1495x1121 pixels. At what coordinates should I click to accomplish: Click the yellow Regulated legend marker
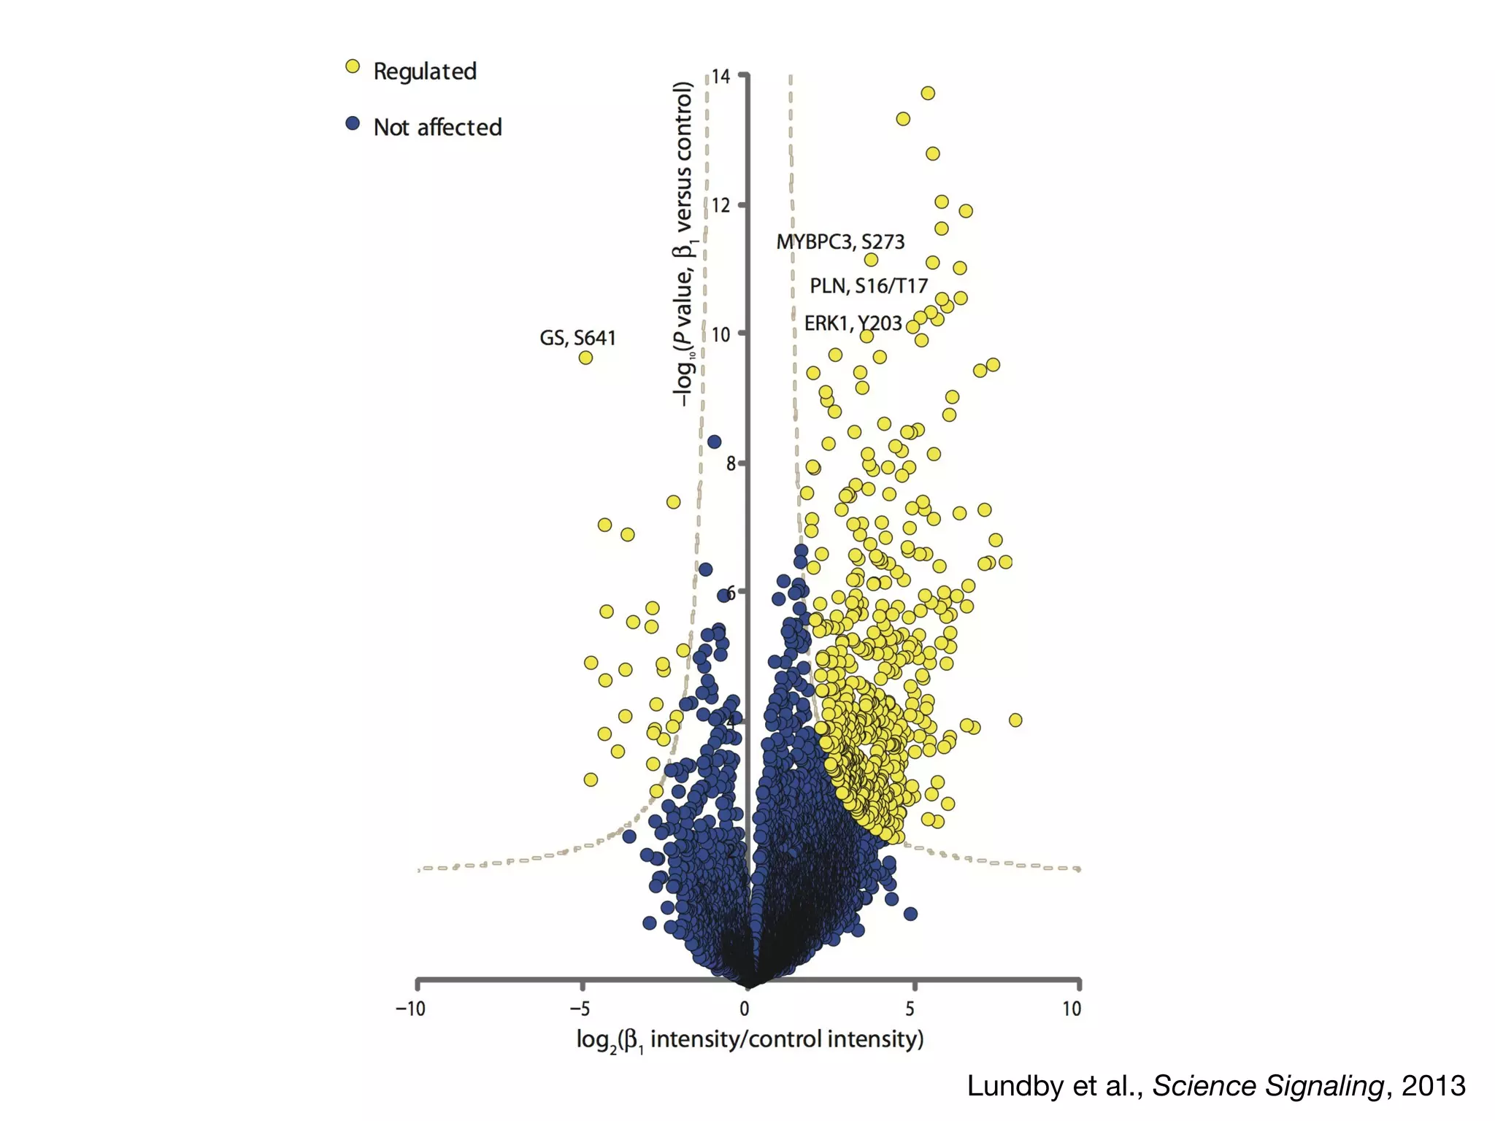[x=353, y=67]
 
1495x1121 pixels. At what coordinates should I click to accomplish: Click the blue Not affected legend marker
[x=353, y=123]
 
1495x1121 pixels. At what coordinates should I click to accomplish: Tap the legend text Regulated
[x=425, y=72]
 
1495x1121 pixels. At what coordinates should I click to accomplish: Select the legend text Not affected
[x=437, y=127]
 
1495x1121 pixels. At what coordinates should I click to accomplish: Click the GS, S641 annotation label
[x=577, y=338]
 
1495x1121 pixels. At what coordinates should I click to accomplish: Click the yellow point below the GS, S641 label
[x=585, y=358]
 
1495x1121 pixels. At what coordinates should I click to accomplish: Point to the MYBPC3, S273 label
[x=840, y=242]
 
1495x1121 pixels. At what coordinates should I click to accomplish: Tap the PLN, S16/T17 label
[x=869, y=286]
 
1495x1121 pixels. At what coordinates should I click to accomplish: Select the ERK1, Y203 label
[x=853, y=323]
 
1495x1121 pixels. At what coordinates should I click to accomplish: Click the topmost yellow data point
[x=928, y=93]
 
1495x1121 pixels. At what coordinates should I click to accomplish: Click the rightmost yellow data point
[x=1015, y=720]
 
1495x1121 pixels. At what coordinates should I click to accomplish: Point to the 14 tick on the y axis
[x=720, y=77]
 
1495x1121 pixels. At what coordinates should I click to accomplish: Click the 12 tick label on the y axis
[x=720, y=205]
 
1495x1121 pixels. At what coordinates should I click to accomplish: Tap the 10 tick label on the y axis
[x=720, y=334]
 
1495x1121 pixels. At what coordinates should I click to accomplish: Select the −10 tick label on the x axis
[x=410, y=1009]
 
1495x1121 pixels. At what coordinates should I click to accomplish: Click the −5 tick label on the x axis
[x=580, y=1009]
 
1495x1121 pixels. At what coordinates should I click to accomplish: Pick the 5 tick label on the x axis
[x=910, y=1009]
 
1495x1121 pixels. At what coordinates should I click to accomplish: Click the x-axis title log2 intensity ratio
[x=750, y=1039]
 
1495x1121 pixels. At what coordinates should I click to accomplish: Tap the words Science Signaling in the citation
[x=1268, y=1086]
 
